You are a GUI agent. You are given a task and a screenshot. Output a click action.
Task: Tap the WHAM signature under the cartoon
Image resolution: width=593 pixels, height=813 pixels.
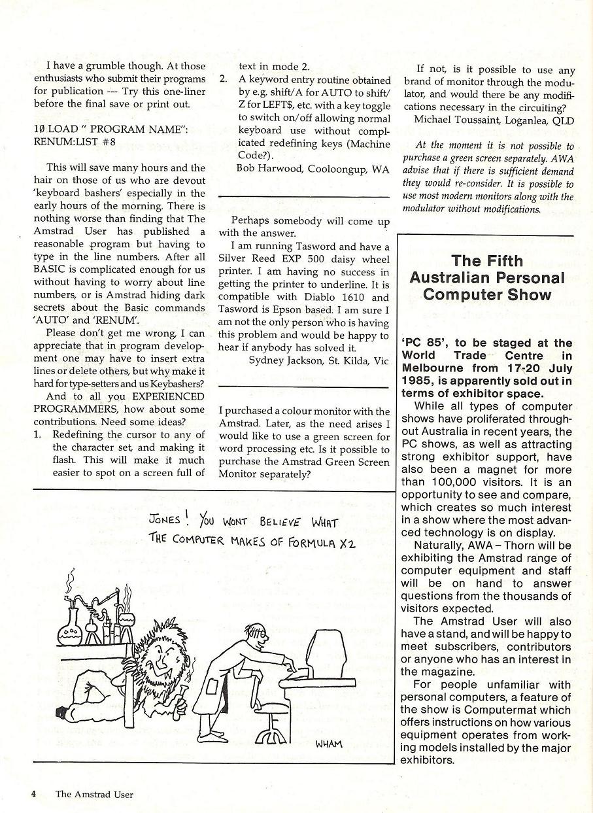point(328,743)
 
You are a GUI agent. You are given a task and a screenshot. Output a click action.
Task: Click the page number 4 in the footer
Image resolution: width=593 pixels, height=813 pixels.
point(33,794)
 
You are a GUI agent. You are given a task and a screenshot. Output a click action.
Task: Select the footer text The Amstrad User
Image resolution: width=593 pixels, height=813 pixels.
point(94,795)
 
